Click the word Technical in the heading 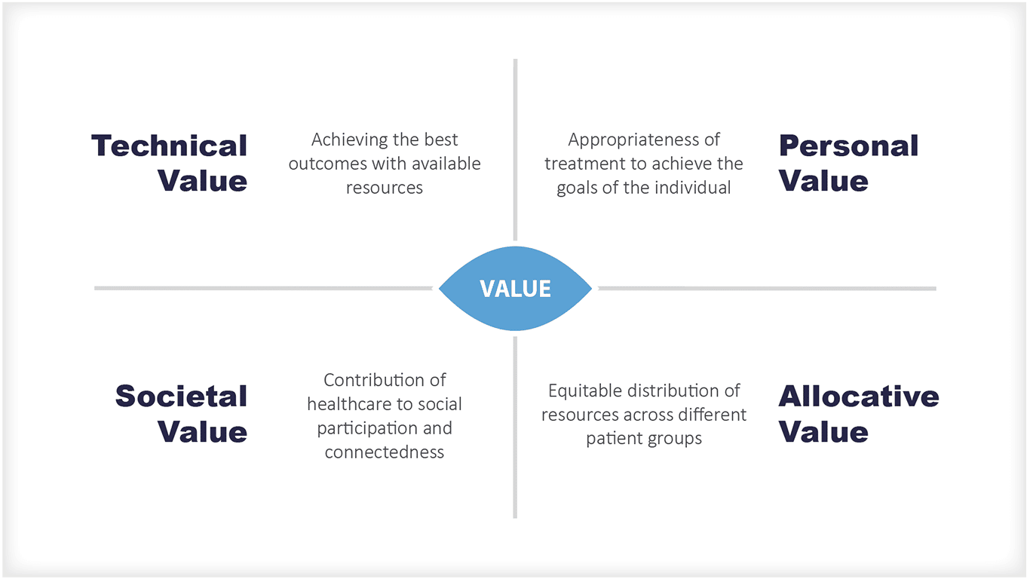(x=169, y=146)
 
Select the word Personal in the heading (x=848, y=146)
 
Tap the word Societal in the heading (x=181, y=397)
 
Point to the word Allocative (x=858, y=397)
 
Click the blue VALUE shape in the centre (x=515, y=289)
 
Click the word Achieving (x=347, y=140)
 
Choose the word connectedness (x=384, y=452)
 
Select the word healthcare (x=345, y=404)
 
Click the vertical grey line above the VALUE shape (x=515, y=151)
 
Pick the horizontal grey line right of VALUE (x=766, y=288)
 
